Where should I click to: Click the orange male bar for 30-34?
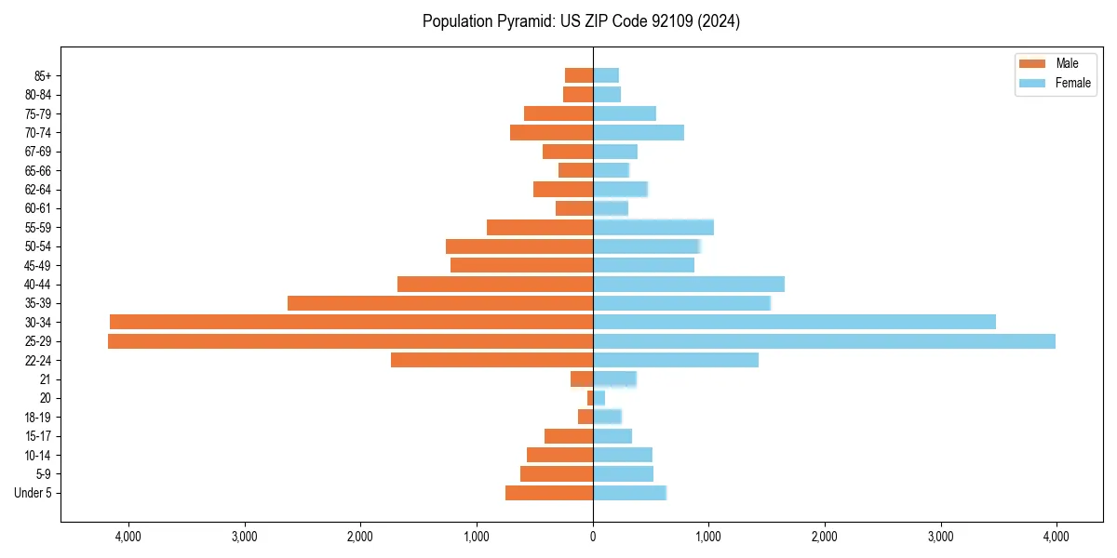[351, 322]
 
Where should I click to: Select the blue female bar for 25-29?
[824, 341]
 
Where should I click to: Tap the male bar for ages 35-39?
[440, 303]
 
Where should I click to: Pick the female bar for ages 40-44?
[689, 284]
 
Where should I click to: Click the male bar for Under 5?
[549, 493]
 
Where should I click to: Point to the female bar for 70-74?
[639, 132]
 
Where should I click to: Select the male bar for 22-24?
[491, 360]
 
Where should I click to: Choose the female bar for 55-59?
[653, 227]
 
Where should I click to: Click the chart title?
[581, 21]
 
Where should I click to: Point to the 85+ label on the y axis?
[41, 75]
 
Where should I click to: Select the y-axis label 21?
[46, 379]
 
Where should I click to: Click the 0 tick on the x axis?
[593, 537]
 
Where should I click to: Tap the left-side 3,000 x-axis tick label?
[244, 537]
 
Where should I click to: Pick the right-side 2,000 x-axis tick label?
[825, 537]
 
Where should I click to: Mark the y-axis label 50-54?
[38, 246]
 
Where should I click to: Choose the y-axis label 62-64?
[38, 190]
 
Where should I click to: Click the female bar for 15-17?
[612, 436]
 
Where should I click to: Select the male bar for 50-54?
[519, 246]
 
